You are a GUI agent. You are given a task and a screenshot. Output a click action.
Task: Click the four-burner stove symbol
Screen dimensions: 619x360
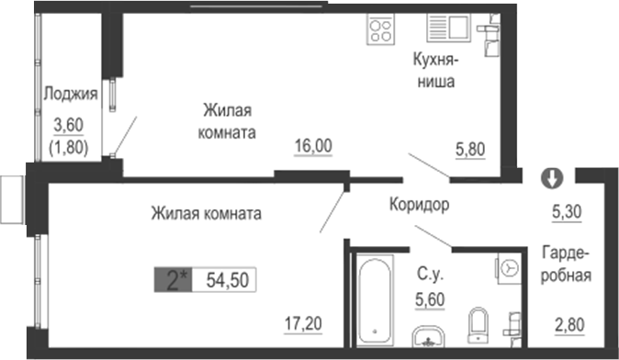pos(381,30)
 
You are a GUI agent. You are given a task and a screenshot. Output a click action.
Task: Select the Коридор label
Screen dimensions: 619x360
pos(419,205)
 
